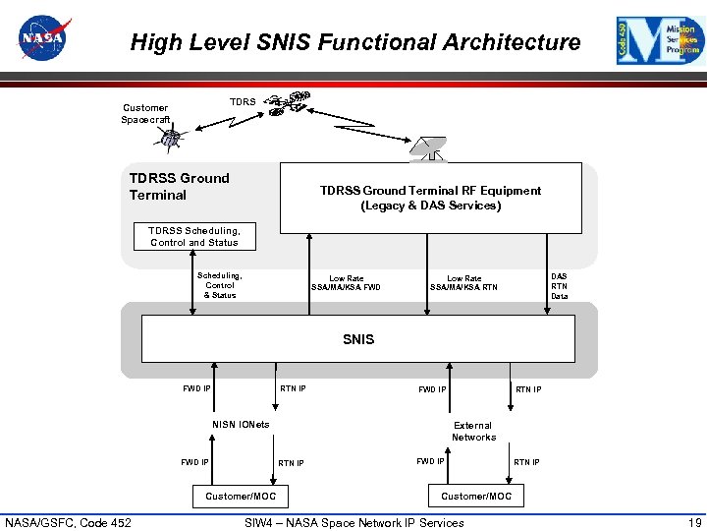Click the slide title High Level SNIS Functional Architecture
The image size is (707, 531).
coord(354,42)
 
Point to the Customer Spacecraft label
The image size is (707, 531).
coord(144,113)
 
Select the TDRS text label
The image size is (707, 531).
coord(243,101)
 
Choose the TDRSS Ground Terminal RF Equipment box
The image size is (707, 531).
coord(430,198)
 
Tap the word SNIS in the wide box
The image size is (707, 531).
coord(358,339)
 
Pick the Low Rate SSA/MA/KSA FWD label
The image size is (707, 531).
coord(346,283)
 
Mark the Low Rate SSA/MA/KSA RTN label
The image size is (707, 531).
coord(463,283)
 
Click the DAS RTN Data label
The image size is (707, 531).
coord(559,286)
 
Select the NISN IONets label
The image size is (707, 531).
coord(241,425)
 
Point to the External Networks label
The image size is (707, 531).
coord(473,431)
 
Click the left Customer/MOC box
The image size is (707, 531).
coord(241,497)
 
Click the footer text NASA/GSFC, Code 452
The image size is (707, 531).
coord(68,522)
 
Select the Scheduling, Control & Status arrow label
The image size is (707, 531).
coord(220,285)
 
